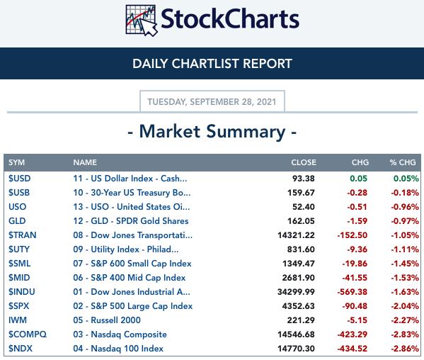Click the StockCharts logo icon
point(142,21)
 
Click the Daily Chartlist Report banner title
point(212,64)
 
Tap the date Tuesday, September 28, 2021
point(212,102)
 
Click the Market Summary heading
point(212,132)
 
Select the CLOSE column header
point(304,162)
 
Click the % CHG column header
point(403,162)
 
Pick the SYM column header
point(16,162)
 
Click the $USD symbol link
point(20,179)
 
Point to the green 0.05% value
point(406,179)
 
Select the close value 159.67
point(301,193)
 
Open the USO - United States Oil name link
point(132,207)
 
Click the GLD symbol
point(17,221)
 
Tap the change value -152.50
point(353,235)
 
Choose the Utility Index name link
point(126,249)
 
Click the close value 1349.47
point(299,264)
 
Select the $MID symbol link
point(19,278)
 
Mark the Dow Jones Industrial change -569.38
point(353,292)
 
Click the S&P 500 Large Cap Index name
point(133,306)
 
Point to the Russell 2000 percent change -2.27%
point(405,320)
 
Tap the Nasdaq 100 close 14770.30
point(296,349)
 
